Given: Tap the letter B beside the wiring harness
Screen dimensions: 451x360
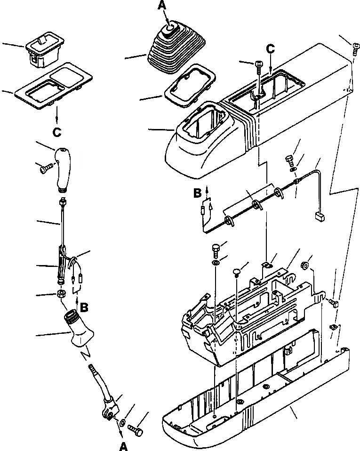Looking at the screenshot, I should [x=198, y=192].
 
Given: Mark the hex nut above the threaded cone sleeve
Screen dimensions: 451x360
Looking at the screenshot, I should [x=61, y=294].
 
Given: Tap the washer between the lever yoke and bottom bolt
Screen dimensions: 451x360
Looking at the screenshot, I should [x=122, y=422].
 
